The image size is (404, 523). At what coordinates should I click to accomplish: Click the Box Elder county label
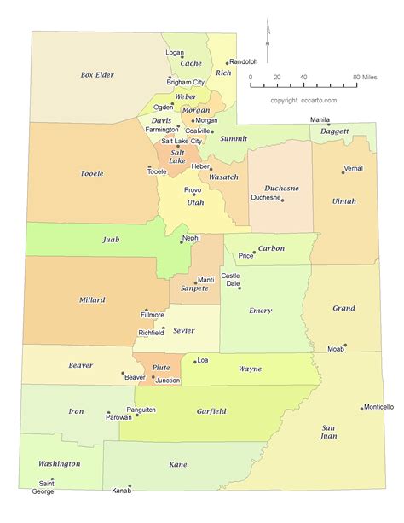coord(97,74)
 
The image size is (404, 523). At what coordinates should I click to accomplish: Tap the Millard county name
coord(92,300)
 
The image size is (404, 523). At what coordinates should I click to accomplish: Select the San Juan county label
coord(328,431)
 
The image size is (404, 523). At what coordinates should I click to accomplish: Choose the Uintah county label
coord(343,201)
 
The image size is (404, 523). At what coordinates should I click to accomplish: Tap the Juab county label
coord(111,240)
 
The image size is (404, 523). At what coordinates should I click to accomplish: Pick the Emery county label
coord(260,311)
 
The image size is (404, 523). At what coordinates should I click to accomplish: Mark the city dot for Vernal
coord(343,173)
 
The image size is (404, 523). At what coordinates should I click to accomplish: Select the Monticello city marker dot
coord(363,408)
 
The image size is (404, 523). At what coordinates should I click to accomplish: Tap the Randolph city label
coord(243,61)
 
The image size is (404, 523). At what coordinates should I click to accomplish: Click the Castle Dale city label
coord(230,279)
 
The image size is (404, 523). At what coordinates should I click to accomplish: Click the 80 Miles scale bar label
coord(366,77)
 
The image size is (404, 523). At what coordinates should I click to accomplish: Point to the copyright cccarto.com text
coord(303,100)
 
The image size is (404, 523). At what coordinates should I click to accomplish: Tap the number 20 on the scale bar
coord(277,77)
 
